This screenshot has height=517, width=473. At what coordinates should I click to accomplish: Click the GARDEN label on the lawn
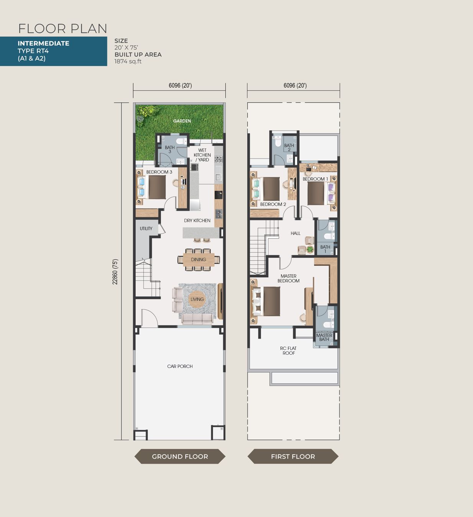tap(182, 121)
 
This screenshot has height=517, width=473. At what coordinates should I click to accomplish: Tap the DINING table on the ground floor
tap(199, 260)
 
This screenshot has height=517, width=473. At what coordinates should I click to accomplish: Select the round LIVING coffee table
tap(197, 299)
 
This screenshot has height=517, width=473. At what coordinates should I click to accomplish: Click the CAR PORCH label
tap(180, 366)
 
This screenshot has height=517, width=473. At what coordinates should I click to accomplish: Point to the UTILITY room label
tap(146, 228)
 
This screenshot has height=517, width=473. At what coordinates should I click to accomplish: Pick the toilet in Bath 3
tap(182, 141)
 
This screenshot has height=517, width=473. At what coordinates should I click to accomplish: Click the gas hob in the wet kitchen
tap(218, 159)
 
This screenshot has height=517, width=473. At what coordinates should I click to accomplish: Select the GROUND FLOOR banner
tap(180, 456)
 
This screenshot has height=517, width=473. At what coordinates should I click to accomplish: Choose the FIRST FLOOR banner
tap(293, 456)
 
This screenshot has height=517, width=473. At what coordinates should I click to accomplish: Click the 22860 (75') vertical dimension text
tap(115, 272)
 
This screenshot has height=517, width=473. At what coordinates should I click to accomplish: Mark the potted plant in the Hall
tap(310, 249)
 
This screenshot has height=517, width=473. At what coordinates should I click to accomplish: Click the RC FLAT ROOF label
tap(289, 350)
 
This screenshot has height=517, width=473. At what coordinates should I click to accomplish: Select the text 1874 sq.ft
tap(128, 61)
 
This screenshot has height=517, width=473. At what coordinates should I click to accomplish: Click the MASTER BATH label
tap(324, 337)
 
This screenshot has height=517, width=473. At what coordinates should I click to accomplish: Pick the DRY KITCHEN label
tap(197, 220)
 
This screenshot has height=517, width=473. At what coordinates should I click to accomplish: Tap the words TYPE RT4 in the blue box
tap(33, 51)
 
